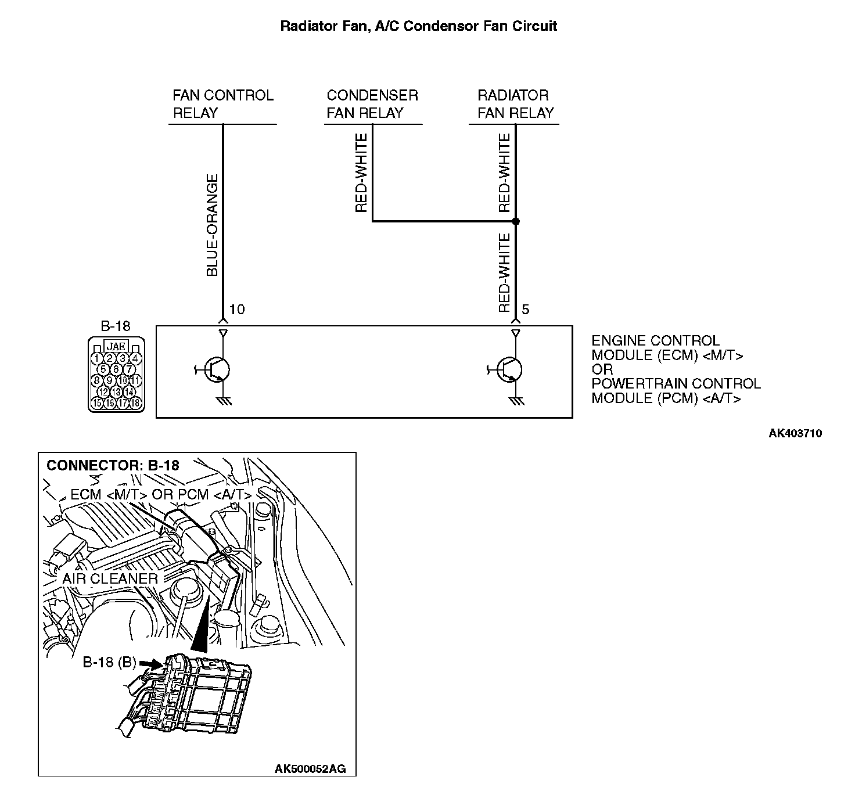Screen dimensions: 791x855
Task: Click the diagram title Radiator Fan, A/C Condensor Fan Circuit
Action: coord(418,26)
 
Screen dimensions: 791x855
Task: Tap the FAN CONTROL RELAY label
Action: coord(222,104)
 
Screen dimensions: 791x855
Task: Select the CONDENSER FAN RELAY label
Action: coord(372,104)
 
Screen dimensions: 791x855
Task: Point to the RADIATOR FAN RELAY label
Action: coord(515,104)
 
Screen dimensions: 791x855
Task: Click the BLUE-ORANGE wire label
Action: coord(213,225)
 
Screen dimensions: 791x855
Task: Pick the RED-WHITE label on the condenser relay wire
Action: coord(361,173)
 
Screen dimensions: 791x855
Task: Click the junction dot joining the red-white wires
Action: coord(516,221)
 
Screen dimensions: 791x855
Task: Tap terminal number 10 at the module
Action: coord(237,310)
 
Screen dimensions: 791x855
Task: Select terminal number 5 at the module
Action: coord(525,310)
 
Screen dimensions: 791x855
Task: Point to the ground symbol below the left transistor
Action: coord(224,401)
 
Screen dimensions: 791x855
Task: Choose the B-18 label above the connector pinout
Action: coord(116,326)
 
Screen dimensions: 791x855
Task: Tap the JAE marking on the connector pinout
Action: coord(117,347)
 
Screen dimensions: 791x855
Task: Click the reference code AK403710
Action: coord(795,433)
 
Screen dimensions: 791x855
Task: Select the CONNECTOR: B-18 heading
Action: coord(113,465)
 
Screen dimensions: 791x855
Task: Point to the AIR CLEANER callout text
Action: coord(110,578)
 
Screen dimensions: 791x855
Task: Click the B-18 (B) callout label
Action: coord(109,662)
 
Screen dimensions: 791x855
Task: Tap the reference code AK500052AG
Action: coord(310,769)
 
